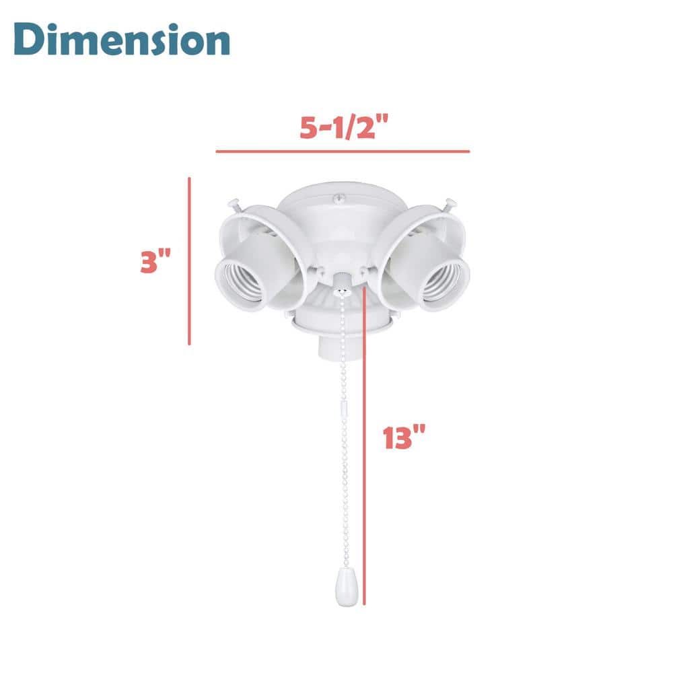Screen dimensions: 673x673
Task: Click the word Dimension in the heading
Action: tap(122, 41)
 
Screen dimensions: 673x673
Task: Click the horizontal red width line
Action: tap(343, 151)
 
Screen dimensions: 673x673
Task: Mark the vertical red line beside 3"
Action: tap(190, 261)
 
